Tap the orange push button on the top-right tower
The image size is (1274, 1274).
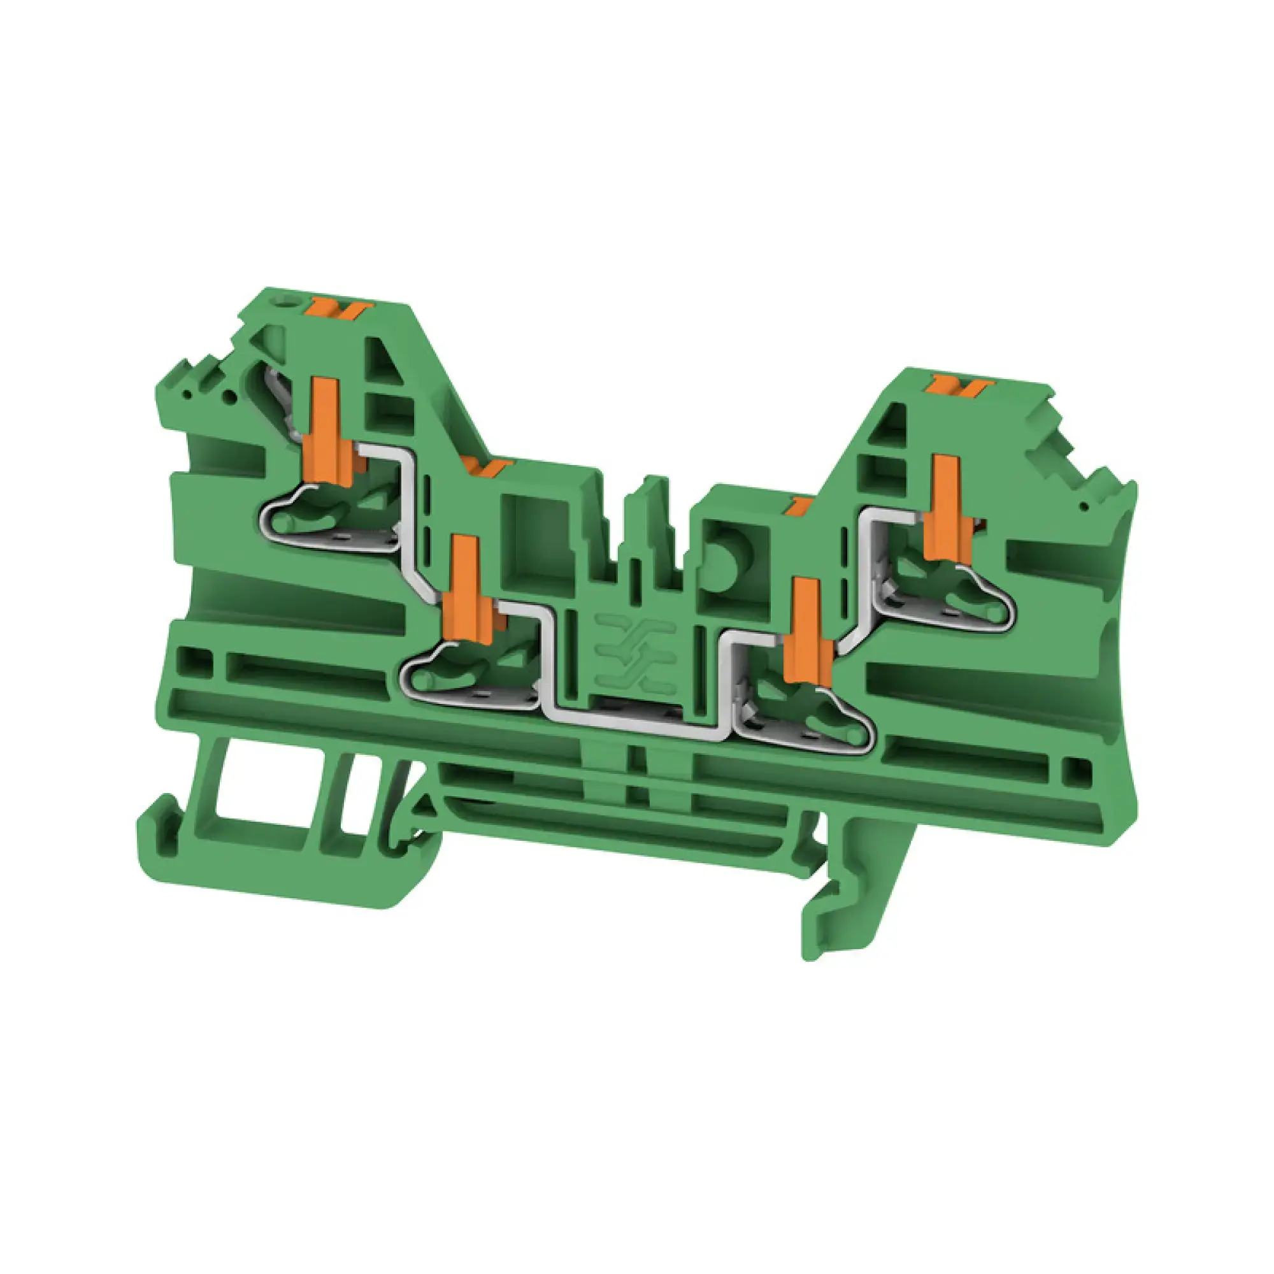coord(957,386)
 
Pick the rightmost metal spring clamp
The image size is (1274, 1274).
coord(950,603)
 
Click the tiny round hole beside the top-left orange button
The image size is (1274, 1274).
coord(287,303)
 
